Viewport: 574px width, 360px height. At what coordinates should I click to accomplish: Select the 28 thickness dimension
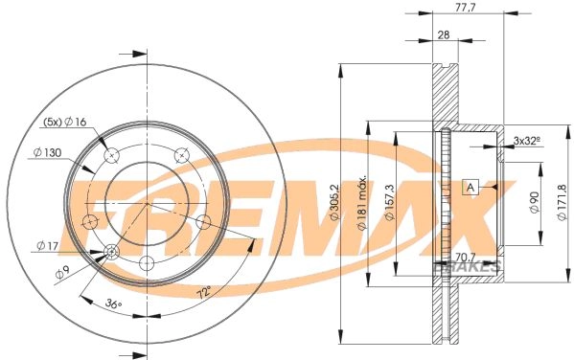pos(444,34)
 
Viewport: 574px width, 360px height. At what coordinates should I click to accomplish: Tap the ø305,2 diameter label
pos(335,202)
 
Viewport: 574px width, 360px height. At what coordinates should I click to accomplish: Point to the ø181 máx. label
pos(362,202)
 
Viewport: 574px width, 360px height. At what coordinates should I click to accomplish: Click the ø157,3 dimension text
pos(390,202)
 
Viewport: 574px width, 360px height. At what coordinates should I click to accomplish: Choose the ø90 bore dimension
pos(535,202)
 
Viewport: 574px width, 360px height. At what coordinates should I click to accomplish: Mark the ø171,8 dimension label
pos(562,202)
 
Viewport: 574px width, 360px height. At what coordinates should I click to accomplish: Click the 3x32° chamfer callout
pos(527,140)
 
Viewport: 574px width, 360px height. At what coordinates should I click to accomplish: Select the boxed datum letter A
pos(471,188)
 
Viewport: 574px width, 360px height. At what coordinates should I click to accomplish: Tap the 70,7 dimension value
pos(464,255)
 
